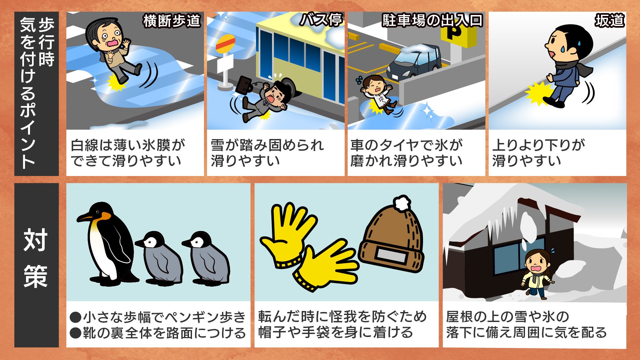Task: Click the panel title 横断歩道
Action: pos(172,21)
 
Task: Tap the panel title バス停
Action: pos(321,20)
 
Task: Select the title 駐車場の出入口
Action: pos(432,20)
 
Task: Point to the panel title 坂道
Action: pos(610,20)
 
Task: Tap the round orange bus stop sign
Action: pos(225,44)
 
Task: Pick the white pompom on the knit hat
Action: pos(402,203)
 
